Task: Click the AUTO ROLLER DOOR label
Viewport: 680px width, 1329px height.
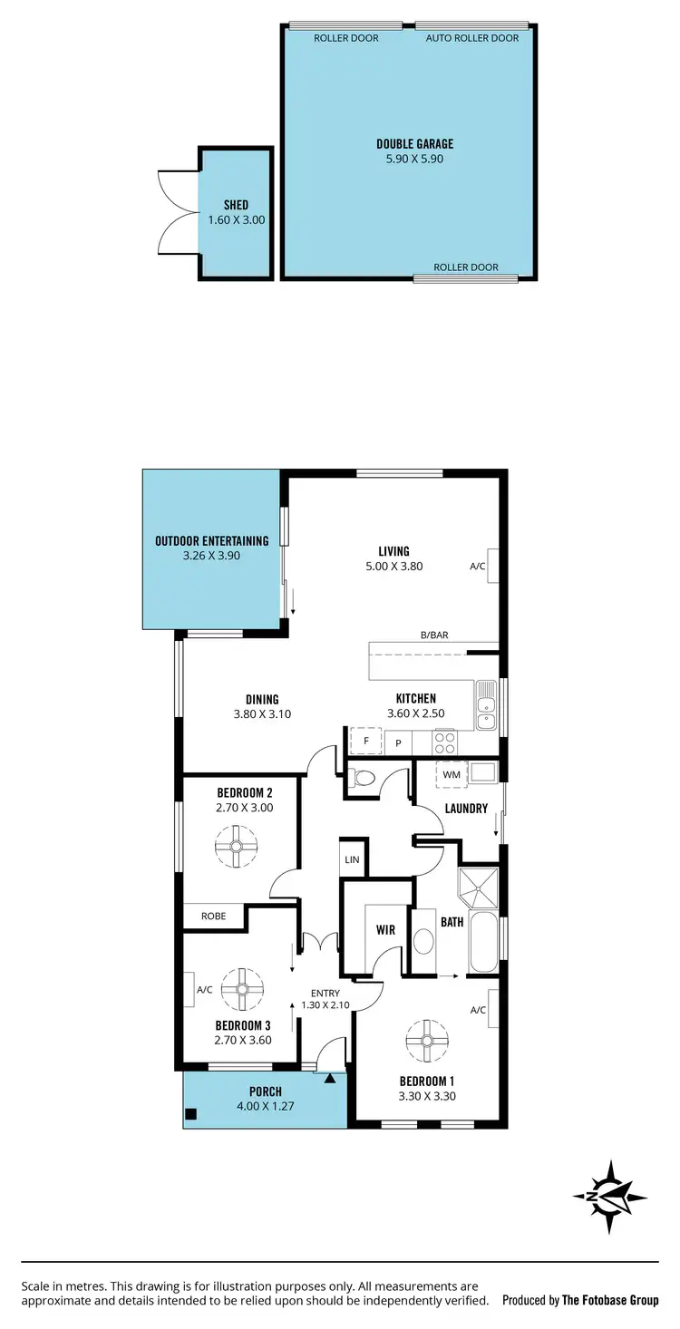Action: pos(472,38)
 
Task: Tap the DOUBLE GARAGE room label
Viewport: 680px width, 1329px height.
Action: pos(414,144)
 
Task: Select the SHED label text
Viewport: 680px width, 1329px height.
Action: pos(236,205)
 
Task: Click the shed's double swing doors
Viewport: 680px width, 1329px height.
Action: pos(178,212)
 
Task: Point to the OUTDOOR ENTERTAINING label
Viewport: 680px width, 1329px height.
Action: pos(211,541)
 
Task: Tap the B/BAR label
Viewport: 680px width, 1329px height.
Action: pos(433,635)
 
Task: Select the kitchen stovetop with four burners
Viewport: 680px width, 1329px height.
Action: pos(445,742)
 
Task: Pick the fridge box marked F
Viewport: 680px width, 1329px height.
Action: pos(366,741)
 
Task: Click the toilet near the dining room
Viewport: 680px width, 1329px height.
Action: pos(364,777)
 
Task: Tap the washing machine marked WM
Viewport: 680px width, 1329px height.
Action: pos(452,774)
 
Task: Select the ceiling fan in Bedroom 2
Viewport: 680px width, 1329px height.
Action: pos(236,846)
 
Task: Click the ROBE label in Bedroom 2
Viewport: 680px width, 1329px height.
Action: pos(213,917)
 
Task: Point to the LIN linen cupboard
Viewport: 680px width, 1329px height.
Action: pos(353,859)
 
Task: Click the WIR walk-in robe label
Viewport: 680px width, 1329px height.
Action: pos(384,930)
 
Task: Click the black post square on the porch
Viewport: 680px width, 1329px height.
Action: pos(191,1115)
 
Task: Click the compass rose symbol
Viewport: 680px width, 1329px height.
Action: pos(609,1196)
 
